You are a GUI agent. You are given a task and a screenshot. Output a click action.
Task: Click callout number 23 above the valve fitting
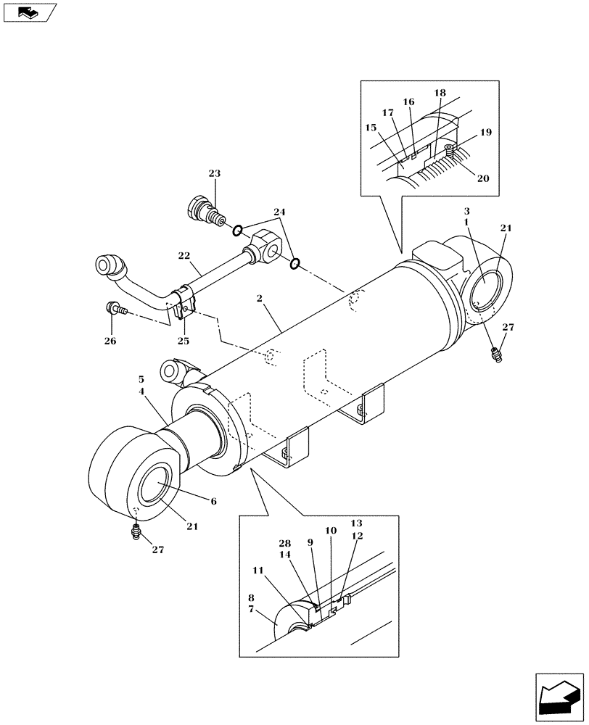coord(214,173)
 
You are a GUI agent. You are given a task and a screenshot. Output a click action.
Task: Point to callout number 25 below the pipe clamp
coord(184,341)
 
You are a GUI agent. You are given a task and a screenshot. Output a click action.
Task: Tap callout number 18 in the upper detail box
coord(440,94)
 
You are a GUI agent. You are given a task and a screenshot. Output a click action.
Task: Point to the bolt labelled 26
coord(116,309)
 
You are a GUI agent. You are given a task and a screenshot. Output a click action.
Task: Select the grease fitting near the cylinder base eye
coord(495,355)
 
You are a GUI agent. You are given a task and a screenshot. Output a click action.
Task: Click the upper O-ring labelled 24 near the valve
coord(237,231)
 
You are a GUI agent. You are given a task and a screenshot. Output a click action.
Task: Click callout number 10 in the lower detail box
coord(331,531)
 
